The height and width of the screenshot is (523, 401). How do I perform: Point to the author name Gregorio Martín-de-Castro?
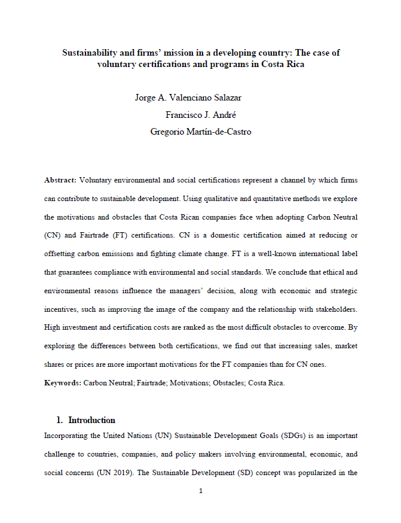(x=201, y=132)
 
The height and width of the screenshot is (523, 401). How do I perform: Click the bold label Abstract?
(x=60, y=180)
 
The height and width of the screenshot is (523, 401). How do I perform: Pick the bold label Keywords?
(x=63, y=383)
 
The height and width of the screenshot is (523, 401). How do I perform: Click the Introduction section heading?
(x=91, y=420)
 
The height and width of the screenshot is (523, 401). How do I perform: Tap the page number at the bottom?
(x=201, y=491)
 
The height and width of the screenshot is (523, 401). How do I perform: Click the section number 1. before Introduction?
(x=60, y=420)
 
